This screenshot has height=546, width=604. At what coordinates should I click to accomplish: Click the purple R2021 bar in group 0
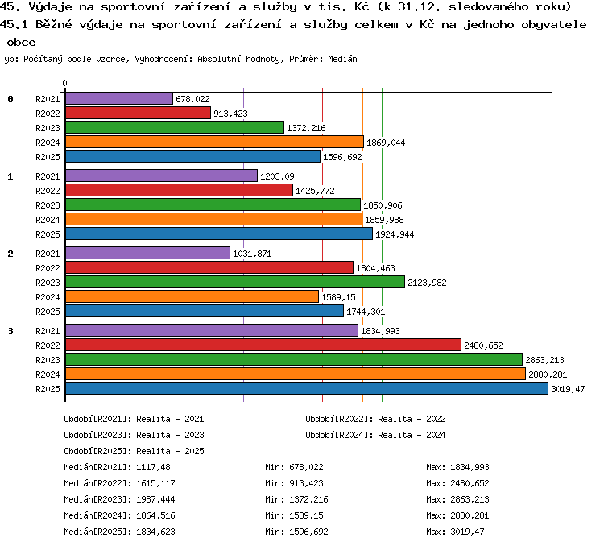coord(119,98)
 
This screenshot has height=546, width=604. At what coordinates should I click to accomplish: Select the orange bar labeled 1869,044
coord(214,143)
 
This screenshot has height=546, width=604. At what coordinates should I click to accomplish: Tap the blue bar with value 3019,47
coord(307,388)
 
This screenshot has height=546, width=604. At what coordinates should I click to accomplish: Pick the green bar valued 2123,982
coord(235,282)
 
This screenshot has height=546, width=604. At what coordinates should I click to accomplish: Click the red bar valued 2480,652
coord(263,345)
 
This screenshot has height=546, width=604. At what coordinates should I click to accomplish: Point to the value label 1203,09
coord(277,176)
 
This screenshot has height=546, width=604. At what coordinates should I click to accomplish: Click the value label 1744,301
coord(366,312)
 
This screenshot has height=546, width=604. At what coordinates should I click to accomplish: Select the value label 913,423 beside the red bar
coord(230,114)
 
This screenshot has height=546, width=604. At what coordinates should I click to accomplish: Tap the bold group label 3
coord(10,331)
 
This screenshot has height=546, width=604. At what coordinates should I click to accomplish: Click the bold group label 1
coord(10,176)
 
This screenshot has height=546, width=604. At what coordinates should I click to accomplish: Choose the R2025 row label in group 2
coord(48,312)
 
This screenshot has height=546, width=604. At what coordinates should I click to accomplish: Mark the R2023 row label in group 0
coord(48,128)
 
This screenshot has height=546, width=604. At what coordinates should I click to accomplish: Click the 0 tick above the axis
coord(64,83)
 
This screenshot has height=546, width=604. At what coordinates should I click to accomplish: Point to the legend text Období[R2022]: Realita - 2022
coord(375,419)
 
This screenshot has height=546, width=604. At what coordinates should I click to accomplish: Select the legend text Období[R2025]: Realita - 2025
coord(134,451)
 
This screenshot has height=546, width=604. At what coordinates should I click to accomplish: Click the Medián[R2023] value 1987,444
coord(155,499)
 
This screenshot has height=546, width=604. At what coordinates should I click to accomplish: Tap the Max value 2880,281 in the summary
coord(470,515)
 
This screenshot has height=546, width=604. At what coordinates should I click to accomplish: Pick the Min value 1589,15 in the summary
coord(306,515)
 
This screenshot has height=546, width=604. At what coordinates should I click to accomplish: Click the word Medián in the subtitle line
coord(342,59)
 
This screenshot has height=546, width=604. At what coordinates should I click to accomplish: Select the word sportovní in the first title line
coord(133,7)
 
